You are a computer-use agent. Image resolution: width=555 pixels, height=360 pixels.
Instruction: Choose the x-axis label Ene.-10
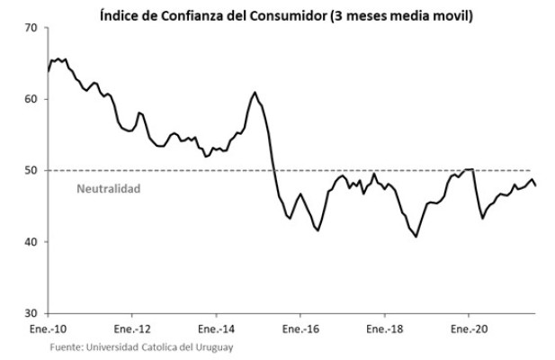pyautogui.click(x=49, y=329)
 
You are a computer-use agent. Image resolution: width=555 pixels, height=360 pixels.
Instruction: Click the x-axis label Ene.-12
pyautogui.click(x=132, y=329)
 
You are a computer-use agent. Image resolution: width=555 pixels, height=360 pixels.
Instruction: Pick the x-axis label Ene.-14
pyautogui.click(x=217, y=329)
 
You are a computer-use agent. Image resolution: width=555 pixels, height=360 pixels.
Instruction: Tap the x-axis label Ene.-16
pyautogui.click(x=300, y=329)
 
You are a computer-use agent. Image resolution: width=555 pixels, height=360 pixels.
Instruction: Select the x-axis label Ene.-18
pyautogui.click(x=384, y=329)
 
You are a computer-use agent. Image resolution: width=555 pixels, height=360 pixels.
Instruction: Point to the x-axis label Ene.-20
pyautogui.click(x=469, y=329)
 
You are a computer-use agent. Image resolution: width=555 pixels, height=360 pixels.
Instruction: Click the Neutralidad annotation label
pyautogui.click(x=108, y=189)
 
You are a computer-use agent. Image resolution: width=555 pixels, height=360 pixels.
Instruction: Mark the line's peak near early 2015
pyautogui.click(x=255, y=92)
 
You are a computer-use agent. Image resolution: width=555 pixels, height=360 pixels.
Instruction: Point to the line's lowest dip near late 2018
pyautogui.click(x=416, y=237)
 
